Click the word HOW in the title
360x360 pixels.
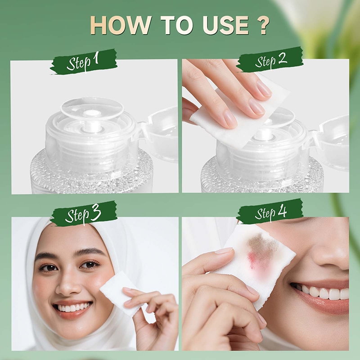pos(121,25)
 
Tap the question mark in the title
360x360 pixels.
pos(261,25)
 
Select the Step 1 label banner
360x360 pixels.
pos(84,62)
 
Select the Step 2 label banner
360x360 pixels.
pos(270,60)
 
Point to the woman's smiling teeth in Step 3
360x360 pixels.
pos(71,307)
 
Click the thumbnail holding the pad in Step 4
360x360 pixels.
pos(224,250)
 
